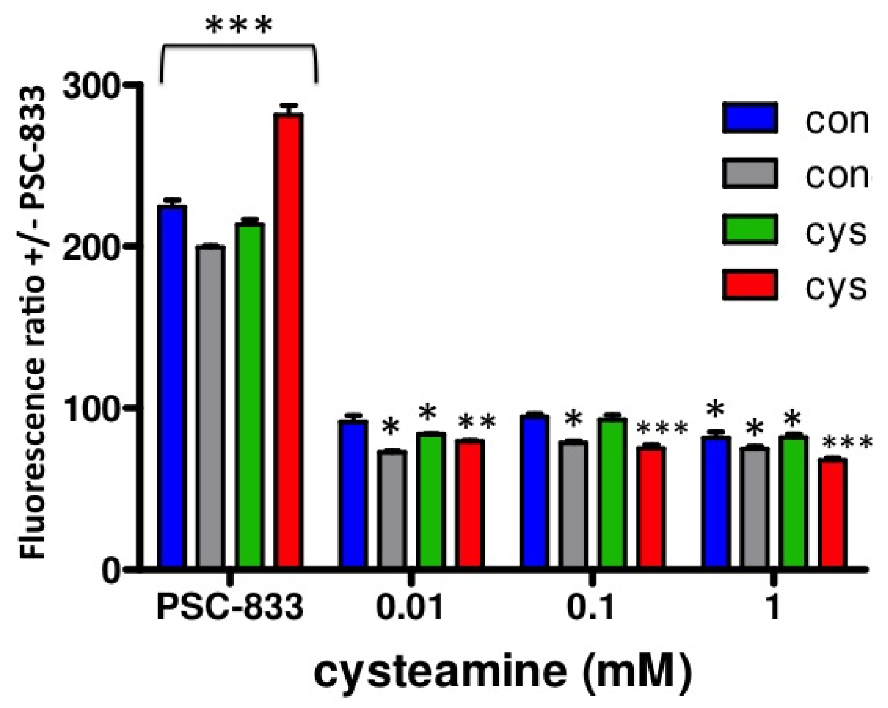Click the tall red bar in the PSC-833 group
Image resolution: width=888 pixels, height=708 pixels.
[290, 341]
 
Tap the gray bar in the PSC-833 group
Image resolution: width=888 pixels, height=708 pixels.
[211, 407]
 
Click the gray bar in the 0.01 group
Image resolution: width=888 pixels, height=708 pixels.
[393, 509]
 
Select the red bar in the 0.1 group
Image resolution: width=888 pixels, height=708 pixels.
[651, 506]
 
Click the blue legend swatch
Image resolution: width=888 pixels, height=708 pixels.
[749, 118]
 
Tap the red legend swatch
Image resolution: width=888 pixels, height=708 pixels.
[749, 285]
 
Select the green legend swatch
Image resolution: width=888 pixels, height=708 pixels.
[749, 229]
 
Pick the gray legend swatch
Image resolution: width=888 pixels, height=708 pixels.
[749, 174]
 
